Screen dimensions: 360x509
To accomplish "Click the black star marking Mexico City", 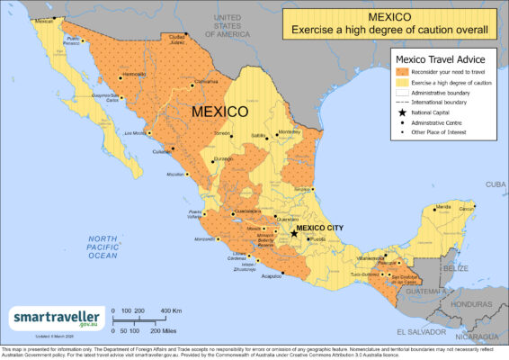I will (294, 233).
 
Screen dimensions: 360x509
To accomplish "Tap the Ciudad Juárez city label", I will (171, 39).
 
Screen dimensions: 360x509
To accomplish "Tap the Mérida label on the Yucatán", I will (442, 207).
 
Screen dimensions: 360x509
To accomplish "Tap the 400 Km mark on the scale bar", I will (171, 310).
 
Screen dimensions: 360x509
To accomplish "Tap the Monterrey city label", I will (290, 131).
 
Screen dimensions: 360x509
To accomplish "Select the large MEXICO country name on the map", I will (219, 112).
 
